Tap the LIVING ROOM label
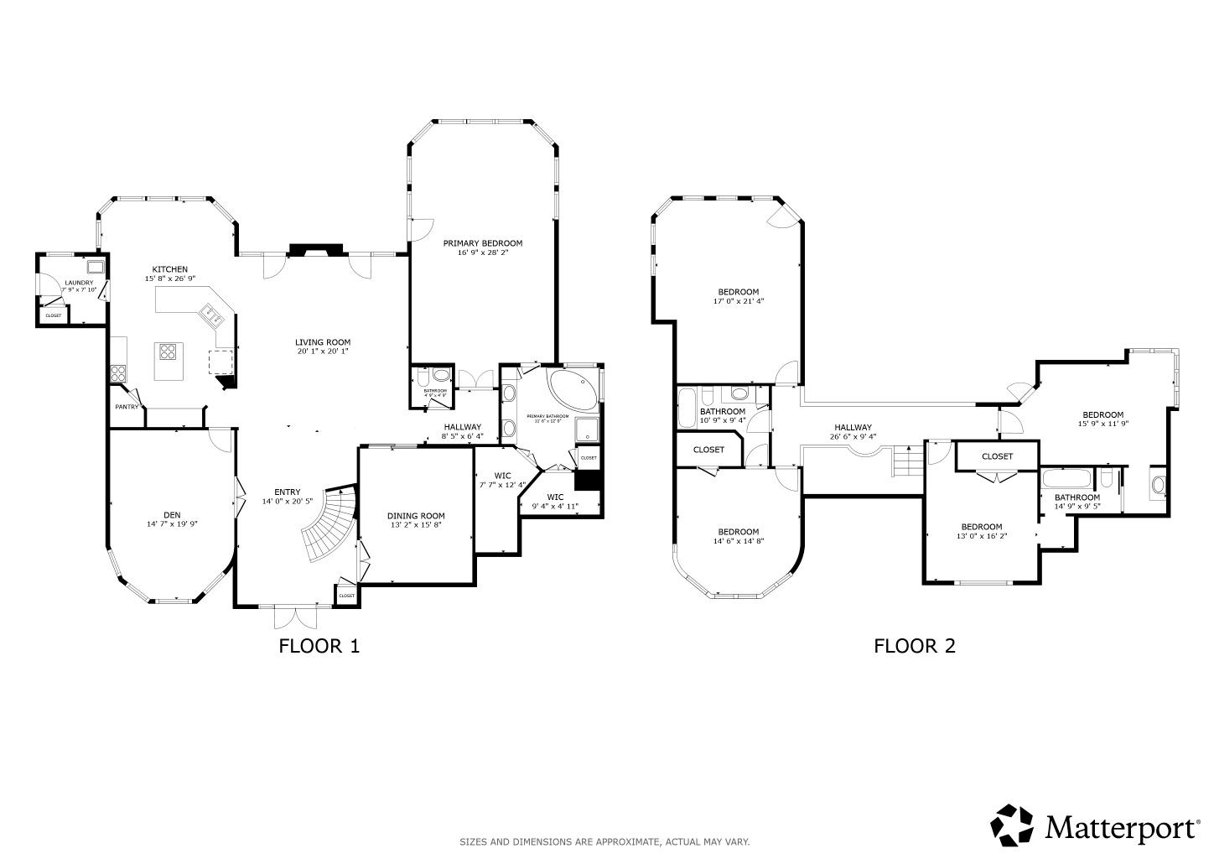pyautogui.click(x=323, y=342)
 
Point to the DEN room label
pyautogui.click(x=172, y=515)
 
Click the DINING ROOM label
pyautogui.click(x=416, y=516)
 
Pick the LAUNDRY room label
pyautogui.click(x=80, y=283)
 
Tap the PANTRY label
pyautogui.click(x=127, y=408)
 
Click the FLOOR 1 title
pyautogui.click(x=319, y=646)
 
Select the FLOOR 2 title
pyautogui.click(x=915, y=646)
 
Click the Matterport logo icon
pyautogui.click(x=1013, y=826)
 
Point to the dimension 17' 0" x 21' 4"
pyautogui.click(x=739, y=301)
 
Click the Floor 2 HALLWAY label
pyautogui.click(x=853, y=427)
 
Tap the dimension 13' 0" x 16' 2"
pyautogui.click(x=982, y=537)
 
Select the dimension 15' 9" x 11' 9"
pyautogui.click(x=1102, y=424)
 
